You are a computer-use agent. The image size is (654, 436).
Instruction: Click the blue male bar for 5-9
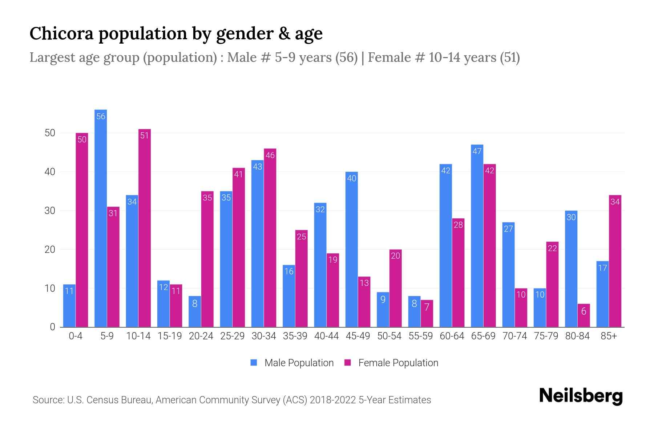point(101,218)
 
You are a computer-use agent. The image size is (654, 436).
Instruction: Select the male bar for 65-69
point(477,236)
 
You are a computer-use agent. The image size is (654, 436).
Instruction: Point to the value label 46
point(270,155)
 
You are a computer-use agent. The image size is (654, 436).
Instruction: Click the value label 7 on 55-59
point(427,307)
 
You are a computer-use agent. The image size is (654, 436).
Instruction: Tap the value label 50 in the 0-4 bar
point(82,140)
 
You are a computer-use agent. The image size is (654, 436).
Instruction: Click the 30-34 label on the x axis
point(264,336)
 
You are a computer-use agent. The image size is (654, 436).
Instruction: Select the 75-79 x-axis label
point(546,336)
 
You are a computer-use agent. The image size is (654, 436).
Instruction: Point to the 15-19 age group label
point(170,336)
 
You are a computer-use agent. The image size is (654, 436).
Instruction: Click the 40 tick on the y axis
point(50,172)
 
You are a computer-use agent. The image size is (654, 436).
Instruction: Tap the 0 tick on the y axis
point(53,327)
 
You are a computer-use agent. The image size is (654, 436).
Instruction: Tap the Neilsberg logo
point(581,396)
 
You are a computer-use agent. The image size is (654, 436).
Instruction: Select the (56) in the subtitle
point(346,57)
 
